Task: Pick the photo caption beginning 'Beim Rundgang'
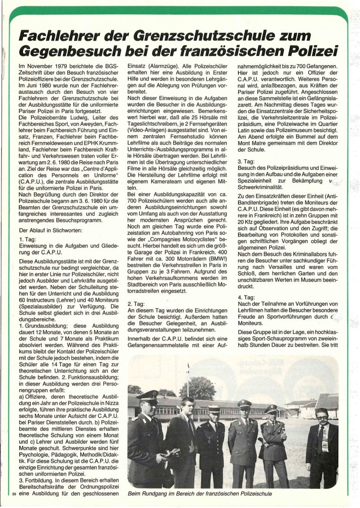pos(199,494)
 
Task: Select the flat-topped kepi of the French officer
pos(215,408)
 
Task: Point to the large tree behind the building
pos(198,387)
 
